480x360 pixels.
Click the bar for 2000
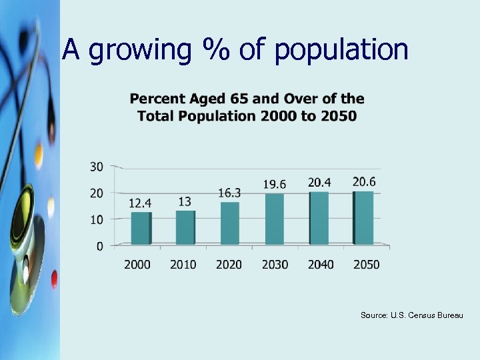tap(141, 228)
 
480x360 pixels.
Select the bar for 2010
tap(185, 227)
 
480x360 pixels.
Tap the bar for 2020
tap(229, 223)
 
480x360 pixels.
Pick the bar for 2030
tap(274, 219)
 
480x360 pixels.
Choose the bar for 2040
tap(319, 218)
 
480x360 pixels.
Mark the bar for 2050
tap(363, 217)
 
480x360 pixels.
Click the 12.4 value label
tap(139, 203)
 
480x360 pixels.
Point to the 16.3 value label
tap(229, 193)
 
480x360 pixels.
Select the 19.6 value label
tap(275, 184)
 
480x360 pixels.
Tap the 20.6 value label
tap(364, 181)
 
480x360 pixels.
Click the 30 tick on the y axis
tap(97, 167)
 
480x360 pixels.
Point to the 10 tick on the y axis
tap(97, 219)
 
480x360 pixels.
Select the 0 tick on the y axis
tap(99, 246)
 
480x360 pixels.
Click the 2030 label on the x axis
tap(275, 265)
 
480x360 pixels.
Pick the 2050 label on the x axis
tap(366, 265)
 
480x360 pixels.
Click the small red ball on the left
tap(54, 276)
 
